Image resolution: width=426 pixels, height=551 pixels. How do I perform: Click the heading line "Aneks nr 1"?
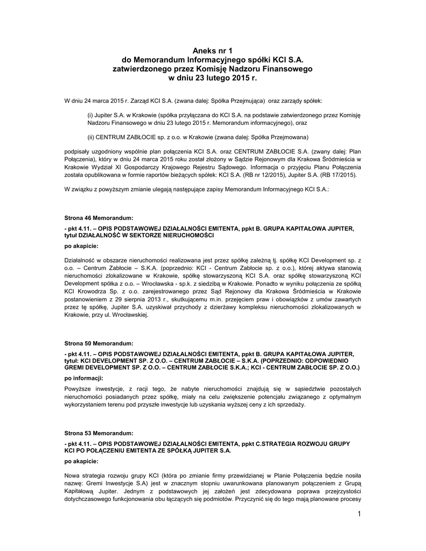click(x=212, y=50)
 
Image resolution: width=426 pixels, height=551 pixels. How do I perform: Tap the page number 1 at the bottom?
click(x=358, y=517)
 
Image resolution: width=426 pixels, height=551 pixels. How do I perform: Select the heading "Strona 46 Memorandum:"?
click(x=99, y=218)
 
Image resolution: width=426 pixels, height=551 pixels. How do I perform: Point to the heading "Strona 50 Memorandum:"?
click(x=99, y=343)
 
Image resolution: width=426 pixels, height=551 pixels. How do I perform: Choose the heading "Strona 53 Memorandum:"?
click(x=99, y=433)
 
